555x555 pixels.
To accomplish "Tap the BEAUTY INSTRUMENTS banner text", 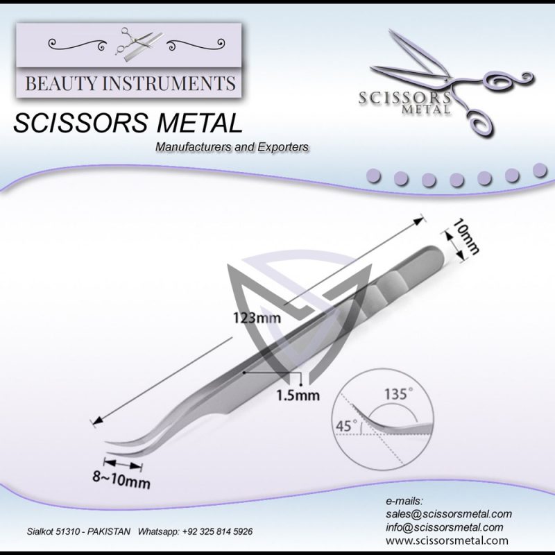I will coord(130,84).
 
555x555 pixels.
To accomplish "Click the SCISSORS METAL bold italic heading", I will coord(128,124).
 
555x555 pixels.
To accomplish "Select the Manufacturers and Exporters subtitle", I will coord(232,147).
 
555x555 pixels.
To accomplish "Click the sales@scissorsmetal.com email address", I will coord(448,514).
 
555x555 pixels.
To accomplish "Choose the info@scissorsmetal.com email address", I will coord(444,527).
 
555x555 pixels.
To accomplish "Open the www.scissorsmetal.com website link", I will coord(447,540).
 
